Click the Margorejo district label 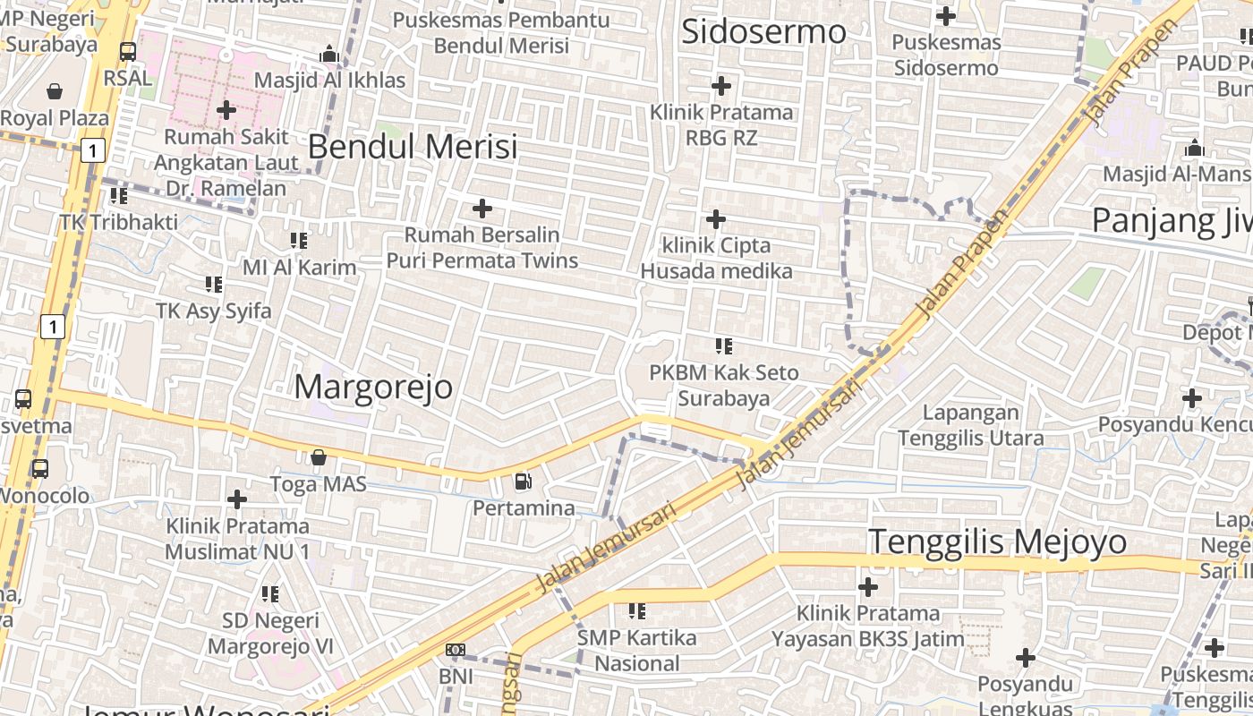pos(373,387)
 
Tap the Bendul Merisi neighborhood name pos(413,147)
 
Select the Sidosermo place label pos(763,32)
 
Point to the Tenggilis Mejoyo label pos(998,541)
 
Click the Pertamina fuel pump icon pos(523,482)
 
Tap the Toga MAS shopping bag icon pos(318,457)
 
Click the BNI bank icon pos(456,650)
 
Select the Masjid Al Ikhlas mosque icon pos(329,55)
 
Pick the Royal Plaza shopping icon pos(55,91)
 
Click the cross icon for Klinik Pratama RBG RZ pos(720,86)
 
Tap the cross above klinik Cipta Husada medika pos(716,219)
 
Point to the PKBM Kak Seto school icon pos(723,346)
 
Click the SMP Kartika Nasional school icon pos(636,611)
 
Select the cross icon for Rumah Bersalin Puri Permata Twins pos(482,209)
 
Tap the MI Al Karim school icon pos(299,241)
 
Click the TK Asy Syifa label pos(213,311)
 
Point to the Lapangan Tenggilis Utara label pos(971,425)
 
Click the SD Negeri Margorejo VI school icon pos(269,593)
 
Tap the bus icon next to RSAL pos(128,52)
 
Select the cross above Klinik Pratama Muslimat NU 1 pos(237,499)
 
